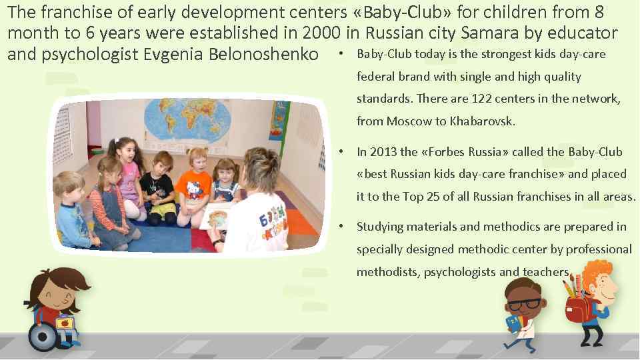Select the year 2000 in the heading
(x=324, y=32)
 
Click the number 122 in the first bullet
(x=483, y=99)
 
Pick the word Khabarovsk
(x=483, y=121)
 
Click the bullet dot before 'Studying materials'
(x=341, y=226)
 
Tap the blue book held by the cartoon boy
(x=512, y=325)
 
